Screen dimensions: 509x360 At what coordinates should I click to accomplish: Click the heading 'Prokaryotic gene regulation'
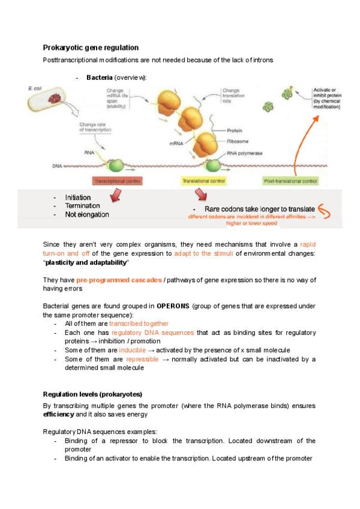coord(91,47)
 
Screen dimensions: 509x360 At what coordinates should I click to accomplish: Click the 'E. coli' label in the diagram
coord(35,89)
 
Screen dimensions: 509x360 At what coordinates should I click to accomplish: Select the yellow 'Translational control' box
coord(203,180)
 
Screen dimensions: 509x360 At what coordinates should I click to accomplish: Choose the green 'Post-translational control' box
coord(290,180)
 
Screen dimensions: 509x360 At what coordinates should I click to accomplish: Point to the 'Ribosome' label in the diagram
coord(238,142)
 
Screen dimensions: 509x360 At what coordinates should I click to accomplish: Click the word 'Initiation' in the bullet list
coord(78,197)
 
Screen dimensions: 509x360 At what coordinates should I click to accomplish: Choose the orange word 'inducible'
coord(133,350)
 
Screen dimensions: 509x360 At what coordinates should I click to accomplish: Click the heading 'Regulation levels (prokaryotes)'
coord(92,394)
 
